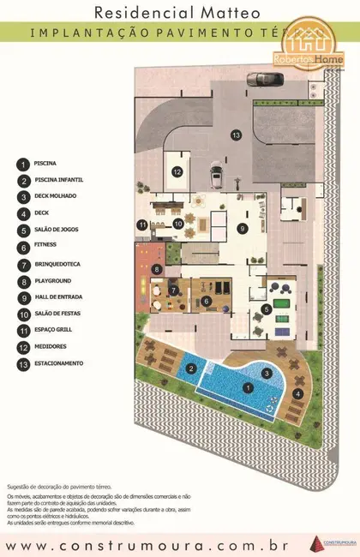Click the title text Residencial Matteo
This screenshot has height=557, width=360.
point(180,12)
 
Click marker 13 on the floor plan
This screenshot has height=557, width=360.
point(235,135)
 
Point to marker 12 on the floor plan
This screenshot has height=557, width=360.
point(176,172)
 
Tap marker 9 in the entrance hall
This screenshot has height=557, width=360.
point(243,228)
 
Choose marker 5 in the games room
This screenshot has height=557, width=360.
point(267,309)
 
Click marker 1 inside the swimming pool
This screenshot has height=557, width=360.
point(249,388)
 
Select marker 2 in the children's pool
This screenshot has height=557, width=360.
point(193,369)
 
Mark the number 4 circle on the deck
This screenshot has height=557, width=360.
point(297,393)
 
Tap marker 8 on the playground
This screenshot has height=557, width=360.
point(156,269)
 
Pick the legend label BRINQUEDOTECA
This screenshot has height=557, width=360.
point(58,264)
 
